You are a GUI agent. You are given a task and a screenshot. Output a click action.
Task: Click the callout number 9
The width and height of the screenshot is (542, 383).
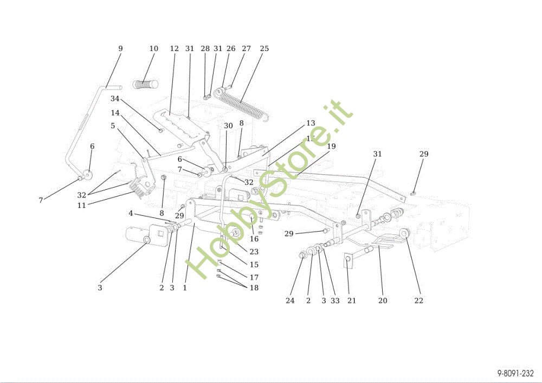(x=120, y=48)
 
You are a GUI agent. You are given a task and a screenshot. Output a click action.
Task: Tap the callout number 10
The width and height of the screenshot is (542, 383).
(x=154, y=48)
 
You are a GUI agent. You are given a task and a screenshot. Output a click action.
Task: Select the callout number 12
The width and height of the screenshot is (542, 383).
(x=174, y=48)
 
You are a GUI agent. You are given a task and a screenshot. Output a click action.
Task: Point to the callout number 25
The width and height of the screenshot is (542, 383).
(x=264, y=48)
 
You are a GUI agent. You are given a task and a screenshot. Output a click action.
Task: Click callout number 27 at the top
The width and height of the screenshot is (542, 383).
(x=246, y=48)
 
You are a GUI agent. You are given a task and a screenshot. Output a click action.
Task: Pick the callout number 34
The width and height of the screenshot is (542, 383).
(x=114, y=99)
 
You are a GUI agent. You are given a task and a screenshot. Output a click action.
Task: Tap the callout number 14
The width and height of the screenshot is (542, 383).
(x=115, y=113)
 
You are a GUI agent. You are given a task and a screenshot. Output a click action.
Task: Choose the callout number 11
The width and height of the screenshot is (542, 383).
(x=82, y=206)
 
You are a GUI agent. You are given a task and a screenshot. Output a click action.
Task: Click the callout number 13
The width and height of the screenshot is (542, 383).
(x=311, y=123)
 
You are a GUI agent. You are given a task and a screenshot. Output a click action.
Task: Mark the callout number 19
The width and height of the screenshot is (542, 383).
(x=331, y=146)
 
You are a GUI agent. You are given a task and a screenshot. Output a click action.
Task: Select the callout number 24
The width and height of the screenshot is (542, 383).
(x=290, y=301)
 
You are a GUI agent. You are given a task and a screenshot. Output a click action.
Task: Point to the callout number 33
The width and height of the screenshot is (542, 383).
(x=335, y=301)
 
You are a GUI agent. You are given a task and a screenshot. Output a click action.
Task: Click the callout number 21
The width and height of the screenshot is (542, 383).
(x=352, y=301)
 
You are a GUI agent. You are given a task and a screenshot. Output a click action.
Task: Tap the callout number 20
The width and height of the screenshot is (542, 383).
(x=383, y=301)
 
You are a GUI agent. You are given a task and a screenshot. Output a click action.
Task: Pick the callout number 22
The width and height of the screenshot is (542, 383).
(x=419, y=301)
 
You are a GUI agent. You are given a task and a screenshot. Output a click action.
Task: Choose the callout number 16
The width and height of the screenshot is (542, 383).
(x=254, y=239)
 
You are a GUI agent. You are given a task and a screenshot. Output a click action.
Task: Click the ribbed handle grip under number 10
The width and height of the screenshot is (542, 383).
(x=145, y=85)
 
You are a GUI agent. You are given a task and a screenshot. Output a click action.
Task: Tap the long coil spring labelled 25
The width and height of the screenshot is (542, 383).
(x=241, y=101)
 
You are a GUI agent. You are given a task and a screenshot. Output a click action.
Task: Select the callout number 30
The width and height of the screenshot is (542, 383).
(x=228, y=125)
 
